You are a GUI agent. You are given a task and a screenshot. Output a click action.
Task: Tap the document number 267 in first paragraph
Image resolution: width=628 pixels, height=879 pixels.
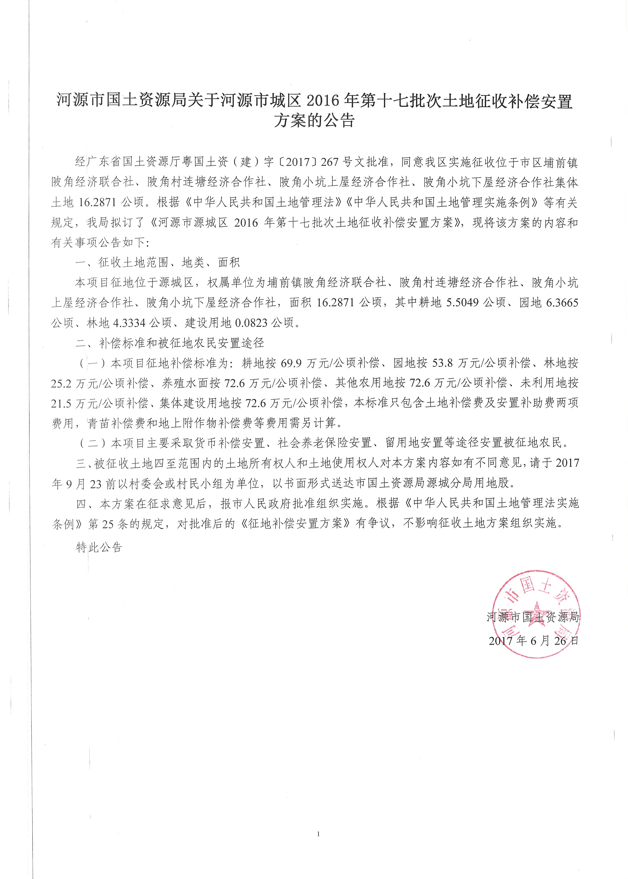[329, 162]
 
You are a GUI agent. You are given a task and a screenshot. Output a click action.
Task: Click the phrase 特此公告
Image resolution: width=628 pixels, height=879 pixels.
[99, 547]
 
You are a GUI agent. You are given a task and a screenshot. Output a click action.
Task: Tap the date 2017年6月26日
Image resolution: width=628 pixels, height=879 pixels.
[534, 641]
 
